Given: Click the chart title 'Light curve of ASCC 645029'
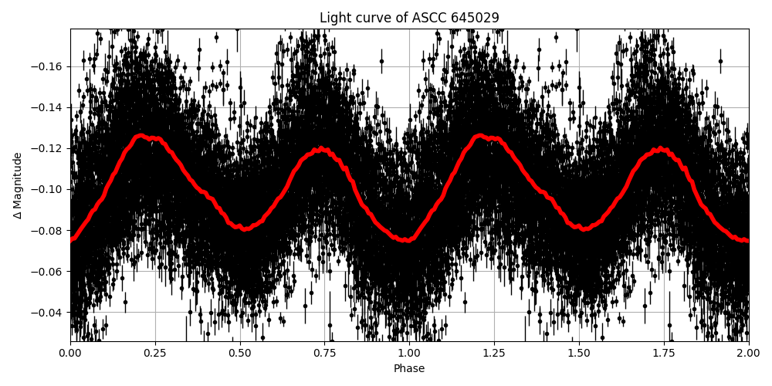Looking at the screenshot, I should pyautogui.click(x=409, y=18).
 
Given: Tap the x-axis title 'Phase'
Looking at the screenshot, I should pyautogui.click(x=409, y=369).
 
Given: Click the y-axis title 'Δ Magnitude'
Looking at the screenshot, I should pyautogui.click(x=17, y=185).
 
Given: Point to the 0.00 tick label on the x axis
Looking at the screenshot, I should pyautogui.click(x=70, y=353).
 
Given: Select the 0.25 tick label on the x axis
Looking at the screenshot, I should pyautogui.click(x=155, y=353).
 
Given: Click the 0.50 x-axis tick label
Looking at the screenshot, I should pyautogui.click(x=240, y=353).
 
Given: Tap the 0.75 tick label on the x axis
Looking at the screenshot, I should pyautogui.click(x=324, y=353).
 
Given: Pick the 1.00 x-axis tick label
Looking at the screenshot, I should pyautogui.click(x=409, y=353).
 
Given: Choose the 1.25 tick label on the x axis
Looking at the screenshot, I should pyautogui.click(x=494, y=353).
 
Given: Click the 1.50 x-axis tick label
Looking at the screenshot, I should pyautogui.click(x=579, y=353).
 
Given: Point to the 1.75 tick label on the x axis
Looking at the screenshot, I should pyautogui.click(x=664, y=353).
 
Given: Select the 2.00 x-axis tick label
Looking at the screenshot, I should pyautogui.click(x=748, y=353).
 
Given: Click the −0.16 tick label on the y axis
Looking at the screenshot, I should pyautogui.click(x=49, y=66).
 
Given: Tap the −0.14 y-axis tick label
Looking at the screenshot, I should pyautogui.click(x=49, y=107).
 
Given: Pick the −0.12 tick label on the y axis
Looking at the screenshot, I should pyautogui.click(x=49, y=148).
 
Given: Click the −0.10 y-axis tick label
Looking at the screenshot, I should pyautogui.click(x=49, y=189).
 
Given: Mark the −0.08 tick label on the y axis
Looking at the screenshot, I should pyautogui.click(x=49, y=230).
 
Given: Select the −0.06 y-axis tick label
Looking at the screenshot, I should pyautogui.click(x=49, y=271).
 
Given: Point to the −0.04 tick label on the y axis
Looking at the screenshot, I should pyautogui.click(x=49, y=312).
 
